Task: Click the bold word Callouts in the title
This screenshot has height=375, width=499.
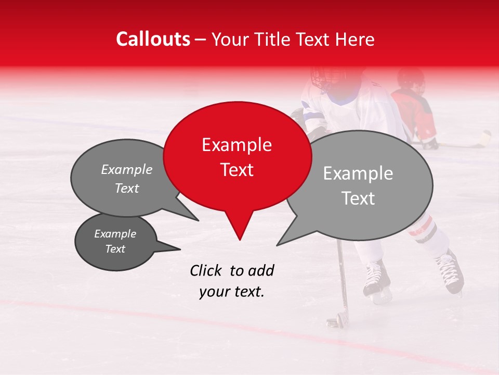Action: (153, 39)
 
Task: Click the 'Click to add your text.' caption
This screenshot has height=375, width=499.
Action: (232, 281)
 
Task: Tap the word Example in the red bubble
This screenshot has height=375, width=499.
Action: (237, 145)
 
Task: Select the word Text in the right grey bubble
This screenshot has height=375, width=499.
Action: (359, 198)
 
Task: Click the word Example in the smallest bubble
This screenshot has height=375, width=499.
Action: (115, 234)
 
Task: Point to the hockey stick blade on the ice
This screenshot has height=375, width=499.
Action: (335, 320)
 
